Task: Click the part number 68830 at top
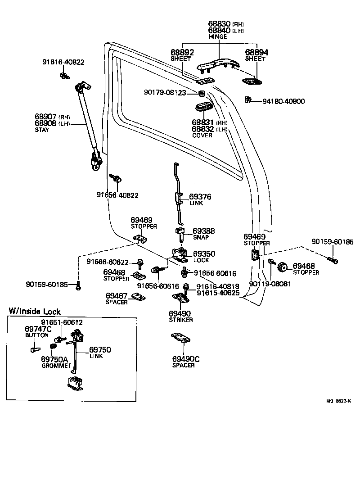point(219,23)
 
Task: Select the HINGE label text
point(218,36)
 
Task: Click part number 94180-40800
point(283,101)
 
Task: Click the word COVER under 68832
point(202,136)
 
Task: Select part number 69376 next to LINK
point(200,197)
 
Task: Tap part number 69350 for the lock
point(204,254)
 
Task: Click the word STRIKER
point(181,320)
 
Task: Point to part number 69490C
point(185,359)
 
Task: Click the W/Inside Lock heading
point(35,312)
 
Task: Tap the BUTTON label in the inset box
point(37,335)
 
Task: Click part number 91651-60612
point(62,322)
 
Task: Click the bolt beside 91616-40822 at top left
point(63,75)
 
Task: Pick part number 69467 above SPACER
point(117,295)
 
